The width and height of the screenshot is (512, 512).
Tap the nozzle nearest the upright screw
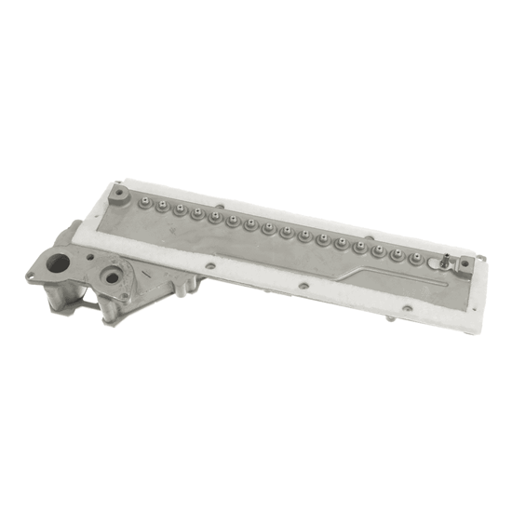(x=434, y=261)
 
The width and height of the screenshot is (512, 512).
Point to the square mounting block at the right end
(x=463, y=266)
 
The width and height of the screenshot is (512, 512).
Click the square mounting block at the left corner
(x=119, y=195)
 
